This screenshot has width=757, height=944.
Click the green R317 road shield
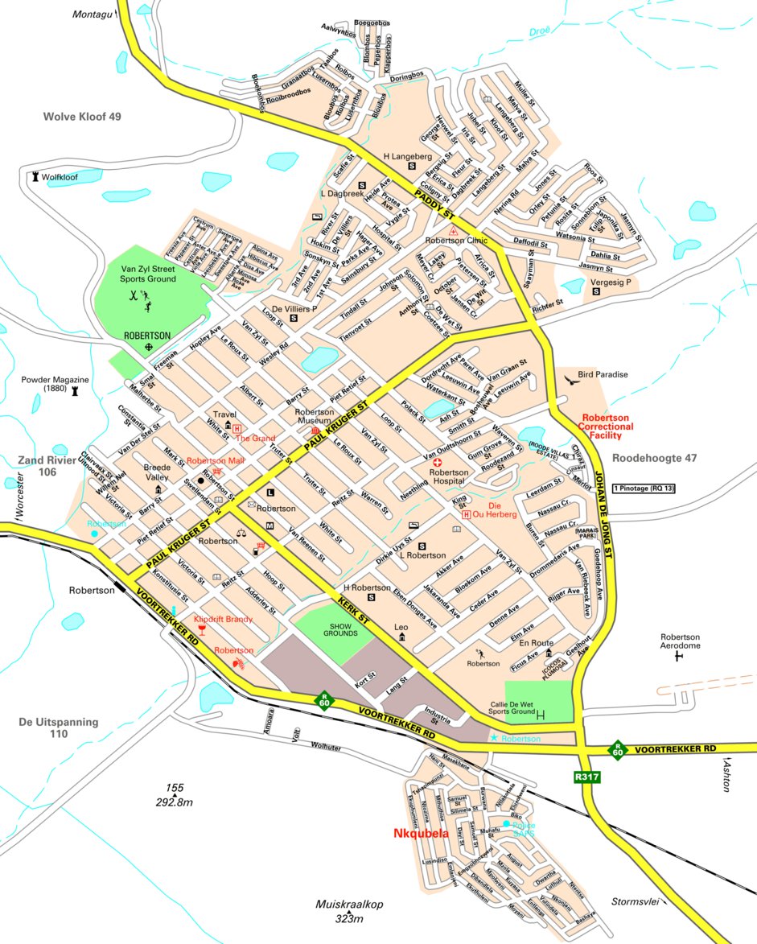pos(586,777)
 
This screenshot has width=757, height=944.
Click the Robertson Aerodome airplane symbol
pos(678,657)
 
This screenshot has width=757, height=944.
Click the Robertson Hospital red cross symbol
pos(438,464)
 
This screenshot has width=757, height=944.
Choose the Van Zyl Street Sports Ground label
pos(148,274)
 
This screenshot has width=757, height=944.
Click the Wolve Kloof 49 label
pos(81,117)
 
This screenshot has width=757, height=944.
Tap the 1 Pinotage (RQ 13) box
pos(643,488)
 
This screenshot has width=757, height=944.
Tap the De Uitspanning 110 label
pos(59,728)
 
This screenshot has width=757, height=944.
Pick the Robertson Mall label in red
pos(215,461)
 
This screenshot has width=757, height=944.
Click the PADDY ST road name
pos(434,205)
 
